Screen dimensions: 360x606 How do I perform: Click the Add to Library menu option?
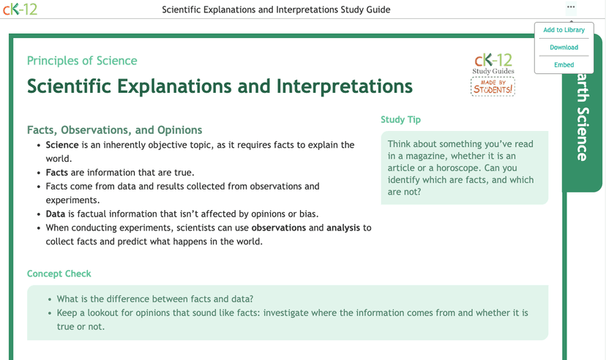click(564, 30)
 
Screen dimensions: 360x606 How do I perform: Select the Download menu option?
click(564, 48)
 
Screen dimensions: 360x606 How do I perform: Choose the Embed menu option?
click(564, 64)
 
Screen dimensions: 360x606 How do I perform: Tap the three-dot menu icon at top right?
click(571, 7)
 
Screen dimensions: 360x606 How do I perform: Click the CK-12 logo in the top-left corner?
click(20, 10)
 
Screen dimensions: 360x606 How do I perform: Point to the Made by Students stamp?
click(493, 87)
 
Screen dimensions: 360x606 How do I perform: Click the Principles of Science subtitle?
click(82, 61)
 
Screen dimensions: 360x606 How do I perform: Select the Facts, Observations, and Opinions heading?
click(114, 130)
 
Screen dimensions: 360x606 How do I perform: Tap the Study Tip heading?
click(400, 119)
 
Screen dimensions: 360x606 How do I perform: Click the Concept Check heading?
click(59, 274)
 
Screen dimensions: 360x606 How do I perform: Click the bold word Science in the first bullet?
click(62, 145)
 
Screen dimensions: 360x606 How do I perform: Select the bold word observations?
click(278, 228)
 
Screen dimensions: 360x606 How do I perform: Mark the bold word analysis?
click(344, 228)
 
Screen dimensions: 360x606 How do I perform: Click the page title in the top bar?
click(276, 10)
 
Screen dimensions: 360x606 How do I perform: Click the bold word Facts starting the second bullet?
click(57, 173)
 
